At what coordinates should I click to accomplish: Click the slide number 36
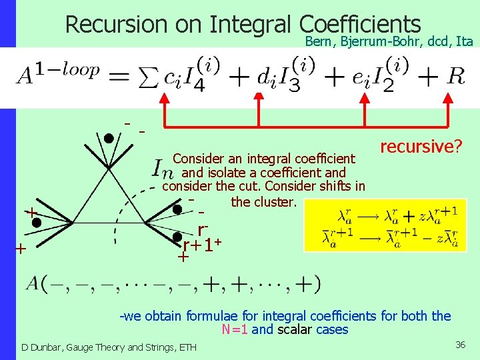click(x=460, y=345)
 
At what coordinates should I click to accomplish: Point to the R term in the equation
click(x=455, y=75)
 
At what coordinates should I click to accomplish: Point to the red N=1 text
click(x=237, y=330)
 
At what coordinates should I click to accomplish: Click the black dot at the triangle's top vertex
click(x=108, y=139)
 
